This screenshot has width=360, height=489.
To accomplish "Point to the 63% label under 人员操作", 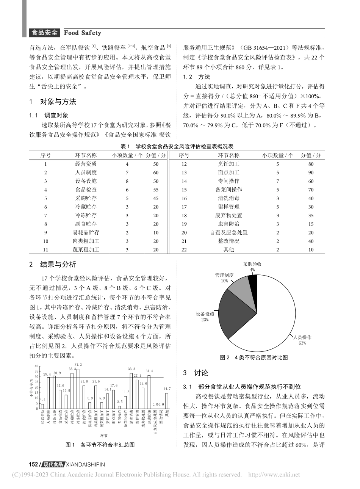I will pyautogui.click(x=302, y=343).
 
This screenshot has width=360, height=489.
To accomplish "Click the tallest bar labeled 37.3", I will pyautogui.click(x=78, y=389).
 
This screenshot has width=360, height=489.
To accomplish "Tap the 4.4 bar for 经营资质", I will pyautogui.click(x=42, y=406).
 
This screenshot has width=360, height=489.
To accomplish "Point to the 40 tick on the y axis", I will pyautogui.click(x=36, y=366).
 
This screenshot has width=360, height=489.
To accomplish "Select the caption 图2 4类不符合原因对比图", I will pyautogui.click(x=254, y=357).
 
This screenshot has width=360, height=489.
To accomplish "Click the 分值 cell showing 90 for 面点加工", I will pyautogui.click(x=311, y=172).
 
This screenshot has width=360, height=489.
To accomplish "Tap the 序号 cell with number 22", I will pyautogui.click(x=184, y=249).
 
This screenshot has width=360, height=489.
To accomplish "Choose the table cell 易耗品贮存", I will pyautogui.click(x=86, y=232).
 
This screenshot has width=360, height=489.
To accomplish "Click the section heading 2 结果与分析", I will pyautogui.click(x=53, y=264).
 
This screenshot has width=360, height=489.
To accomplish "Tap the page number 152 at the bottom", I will pyautogui.click(x=34, y=464).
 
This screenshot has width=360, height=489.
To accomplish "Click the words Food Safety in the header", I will pyautogui.click(x=82, y=33).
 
